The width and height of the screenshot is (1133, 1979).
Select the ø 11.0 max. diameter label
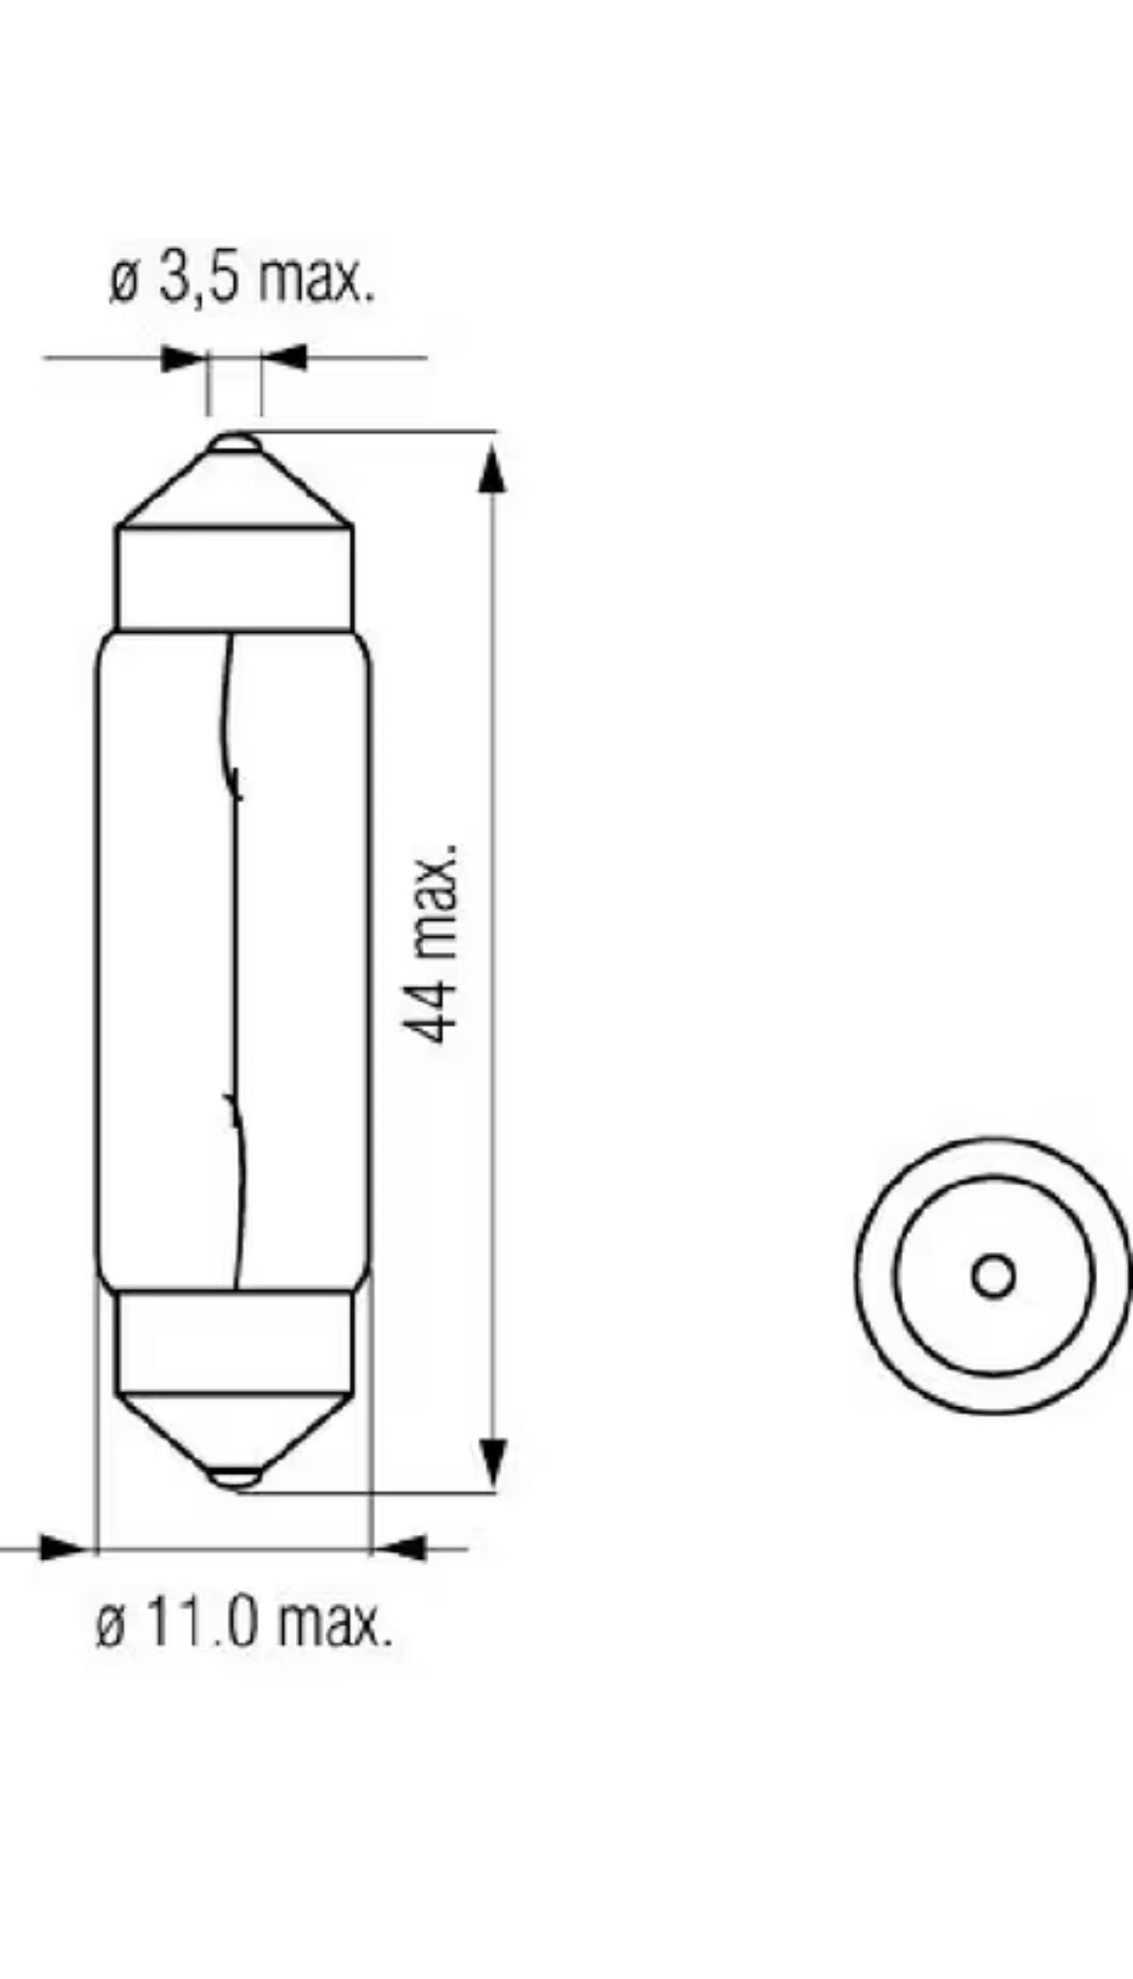tap(243, 1624)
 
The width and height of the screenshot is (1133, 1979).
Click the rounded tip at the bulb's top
tap(235, 442)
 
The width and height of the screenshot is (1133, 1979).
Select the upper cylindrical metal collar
tap(235, 578)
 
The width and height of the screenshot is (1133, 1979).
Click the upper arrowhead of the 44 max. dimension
tap(492, 469)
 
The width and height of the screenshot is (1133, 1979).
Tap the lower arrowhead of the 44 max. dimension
tap(492, 1462)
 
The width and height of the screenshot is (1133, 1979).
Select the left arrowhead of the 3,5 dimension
tap(182, 358)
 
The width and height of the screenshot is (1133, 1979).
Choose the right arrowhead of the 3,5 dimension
tap(285, 358)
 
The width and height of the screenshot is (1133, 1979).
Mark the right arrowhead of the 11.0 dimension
tap(400, 1547)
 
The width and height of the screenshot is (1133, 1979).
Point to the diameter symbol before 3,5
tap(123, 281)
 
